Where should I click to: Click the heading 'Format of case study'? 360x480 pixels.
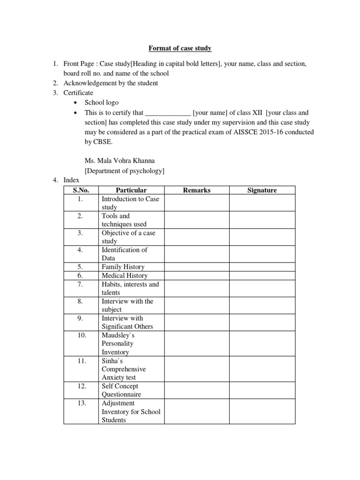click(180, 48)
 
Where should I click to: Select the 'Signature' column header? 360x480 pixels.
click(262, 190)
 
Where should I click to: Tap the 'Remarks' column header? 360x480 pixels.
click(196, 190)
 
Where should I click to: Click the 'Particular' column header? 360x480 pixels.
click(131, 190)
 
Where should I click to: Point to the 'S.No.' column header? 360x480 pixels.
click(81, 190)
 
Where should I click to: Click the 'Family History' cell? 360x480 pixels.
click(123, 267)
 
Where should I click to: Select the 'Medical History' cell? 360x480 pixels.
click(124, 276)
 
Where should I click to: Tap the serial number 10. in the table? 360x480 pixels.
click(81, 336)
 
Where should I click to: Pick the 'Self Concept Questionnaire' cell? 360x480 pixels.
click(121, 390)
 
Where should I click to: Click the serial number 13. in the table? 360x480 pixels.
click(81, 403)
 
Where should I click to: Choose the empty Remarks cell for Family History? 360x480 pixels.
click(196, 267)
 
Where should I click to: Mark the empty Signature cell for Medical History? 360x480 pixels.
click(262, 276)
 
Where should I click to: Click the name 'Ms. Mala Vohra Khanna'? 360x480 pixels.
click(120, 161)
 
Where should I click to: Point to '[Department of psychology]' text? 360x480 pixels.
click(124, 171)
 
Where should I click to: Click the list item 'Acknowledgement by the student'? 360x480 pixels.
click(111, 83)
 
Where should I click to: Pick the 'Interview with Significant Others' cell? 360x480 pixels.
click(127, 322)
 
